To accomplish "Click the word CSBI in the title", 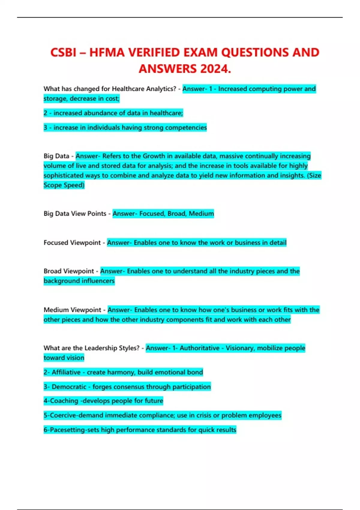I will coord(63,52).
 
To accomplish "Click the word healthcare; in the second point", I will coord(166,113).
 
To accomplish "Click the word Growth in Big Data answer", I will coord(154,156).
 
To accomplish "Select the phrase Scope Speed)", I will coord(64,185).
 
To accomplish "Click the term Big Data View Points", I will coord(75,214).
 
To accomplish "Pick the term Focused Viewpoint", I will coord(72,243).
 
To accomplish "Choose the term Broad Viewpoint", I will coord(69,271).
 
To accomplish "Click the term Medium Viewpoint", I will coord(72,310).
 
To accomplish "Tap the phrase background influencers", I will coord(79,281).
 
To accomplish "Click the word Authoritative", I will coord(199,348).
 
